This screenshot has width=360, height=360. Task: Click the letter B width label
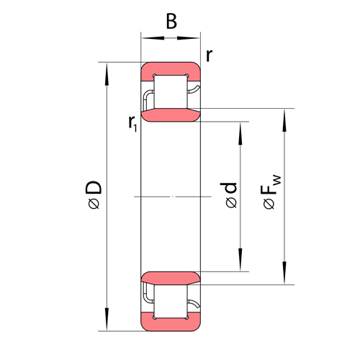(x=171, y=22)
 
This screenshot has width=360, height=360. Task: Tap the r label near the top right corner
(x=210, y=55)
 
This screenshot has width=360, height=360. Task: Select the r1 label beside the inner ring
(x=132, y=123)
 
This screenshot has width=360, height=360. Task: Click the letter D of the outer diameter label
(x=94, y=187)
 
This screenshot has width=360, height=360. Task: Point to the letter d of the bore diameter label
(x=229, y=188)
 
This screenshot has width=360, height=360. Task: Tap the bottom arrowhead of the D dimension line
(x=107, y=320)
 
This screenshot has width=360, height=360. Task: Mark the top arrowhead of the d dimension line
(x=240, y=133)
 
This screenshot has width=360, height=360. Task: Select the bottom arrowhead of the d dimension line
(x=240, y=260)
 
